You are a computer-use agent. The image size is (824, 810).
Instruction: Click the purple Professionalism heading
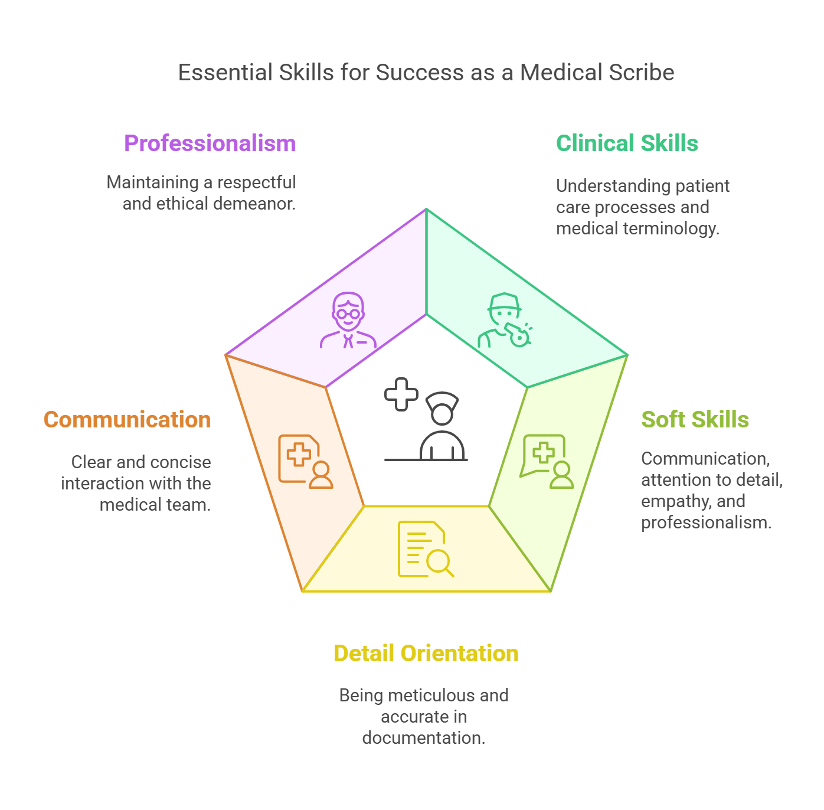210,143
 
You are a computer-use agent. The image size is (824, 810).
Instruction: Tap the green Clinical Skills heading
627,143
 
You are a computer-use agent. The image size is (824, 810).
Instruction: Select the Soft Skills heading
695,420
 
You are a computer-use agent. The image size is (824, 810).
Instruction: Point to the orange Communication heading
127,420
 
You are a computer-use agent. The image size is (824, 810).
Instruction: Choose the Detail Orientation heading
426,654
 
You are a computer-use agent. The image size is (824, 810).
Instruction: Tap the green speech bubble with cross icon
547,462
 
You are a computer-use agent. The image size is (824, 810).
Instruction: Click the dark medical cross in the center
401,394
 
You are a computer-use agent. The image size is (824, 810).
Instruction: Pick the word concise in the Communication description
184,462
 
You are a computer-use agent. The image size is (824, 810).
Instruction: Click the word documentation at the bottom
423,738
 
